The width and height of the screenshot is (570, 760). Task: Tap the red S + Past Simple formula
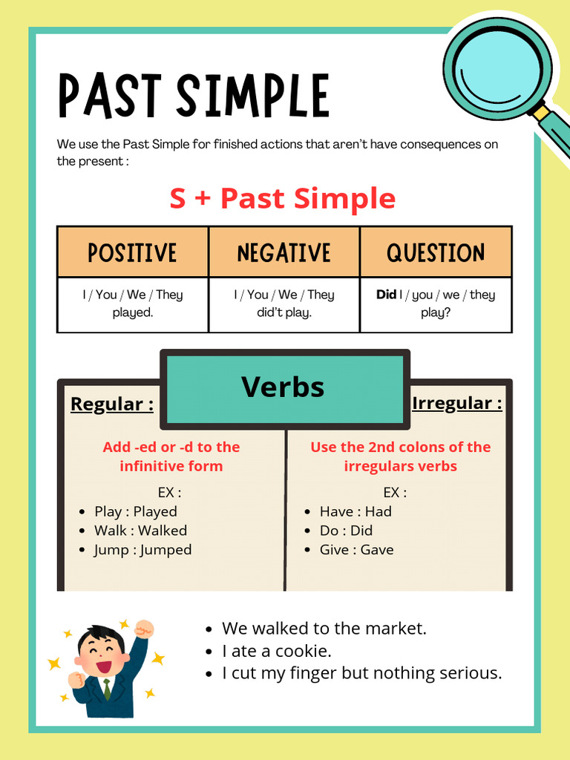(x=283, y=198)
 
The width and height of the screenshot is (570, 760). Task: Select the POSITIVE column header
(x=133, y=252)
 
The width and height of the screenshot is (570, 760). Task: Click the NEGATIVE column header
(x=284, y=252)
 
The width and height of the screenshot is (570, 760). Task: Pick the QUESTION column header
(x=436, y=252)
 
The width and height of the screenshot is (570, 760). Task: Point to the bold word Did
(x=386, y=295)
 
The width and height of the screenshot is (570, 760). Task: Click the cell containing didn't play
(x=284, y=304)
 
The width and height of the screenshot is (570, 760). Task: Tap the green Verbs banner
(x=283, y=387)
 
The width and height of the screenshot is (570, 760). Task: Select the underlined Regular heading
(x=112, y=404)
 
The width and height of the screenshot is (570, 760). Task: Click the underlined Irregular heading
(x=456, y=404)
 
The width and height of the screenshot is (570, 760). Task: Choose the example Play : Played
(x=136, y=511)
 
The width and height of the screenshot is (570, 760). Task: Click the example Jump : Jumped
(x=142, y=550)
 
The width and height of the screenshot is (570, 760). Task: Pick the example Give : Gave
(x=356, y=550)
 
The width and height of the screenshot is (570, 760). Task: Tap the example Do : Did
(x=346, y=531)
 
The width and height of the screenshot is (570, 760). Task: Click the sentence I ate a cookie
(x=277, y=651)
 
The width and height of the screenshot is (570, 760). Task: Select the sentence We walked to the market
(x=324, y=629)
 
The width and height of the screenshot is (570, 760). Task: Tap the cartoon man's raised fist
(x=144, y=629)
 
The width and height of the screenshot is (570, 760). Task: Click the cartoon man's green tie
(x=107, y=689)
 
